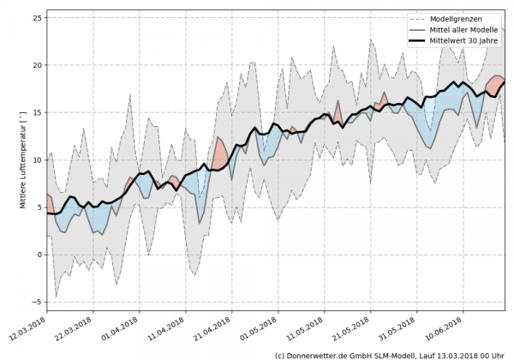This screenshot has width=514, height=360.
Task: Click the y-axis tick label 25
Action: click(x=34, y=18)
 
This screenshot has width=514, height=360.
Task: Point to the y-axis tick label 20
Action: click(x=34, y=65)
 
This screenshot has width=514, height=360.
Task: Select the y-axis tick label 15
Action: click(x=34, y=112)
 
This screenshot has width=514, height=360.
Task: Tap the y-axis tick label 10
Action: click(x=34, y=159)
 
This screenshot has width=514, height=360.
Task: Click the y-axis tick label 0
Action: click(x=38, y=255)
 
